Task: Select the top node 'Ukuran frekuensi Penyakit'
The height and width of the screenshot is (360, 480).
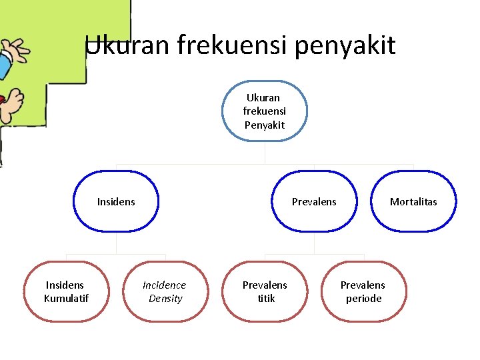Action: coord(264,111)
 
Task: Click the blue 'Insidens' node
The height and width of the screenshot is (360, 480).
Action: coord(116,201)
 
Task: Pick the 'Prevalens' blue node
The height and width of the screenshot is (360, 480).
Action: coord(314,201)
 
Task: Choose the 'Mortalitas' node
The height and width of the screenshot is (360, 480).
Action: coord(413,201)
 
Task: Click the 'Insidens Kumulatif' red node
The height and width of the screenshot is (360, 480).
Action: coord(66,291)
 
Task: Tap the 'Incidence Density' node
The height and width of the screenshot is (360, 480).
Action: coord(165,291)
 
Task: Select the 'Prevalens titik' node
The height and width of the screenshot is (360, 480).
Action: coord(265,291)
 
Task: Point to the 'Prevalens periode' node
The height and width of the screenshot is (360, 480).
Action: coord(363,291)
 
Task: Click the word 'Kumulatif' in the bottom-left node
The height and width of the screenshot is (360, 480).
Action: coord(66,299)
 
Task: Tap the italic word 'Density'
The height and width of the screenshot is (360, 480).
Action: coord(165,299)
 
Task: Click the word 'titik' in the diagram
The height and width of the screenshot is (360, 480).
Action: coord(266,299)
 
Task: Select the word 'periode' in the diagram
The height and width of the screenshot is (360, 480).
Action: coord(363,299)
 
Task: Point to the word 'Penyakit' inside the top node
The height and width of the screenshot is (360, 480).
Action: coord(264,125)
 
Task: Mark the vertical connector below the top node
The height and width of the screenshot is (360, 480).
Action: coord(265,153)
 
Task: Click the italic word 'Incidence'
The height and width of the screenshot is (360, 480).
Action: coord(165,285)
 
